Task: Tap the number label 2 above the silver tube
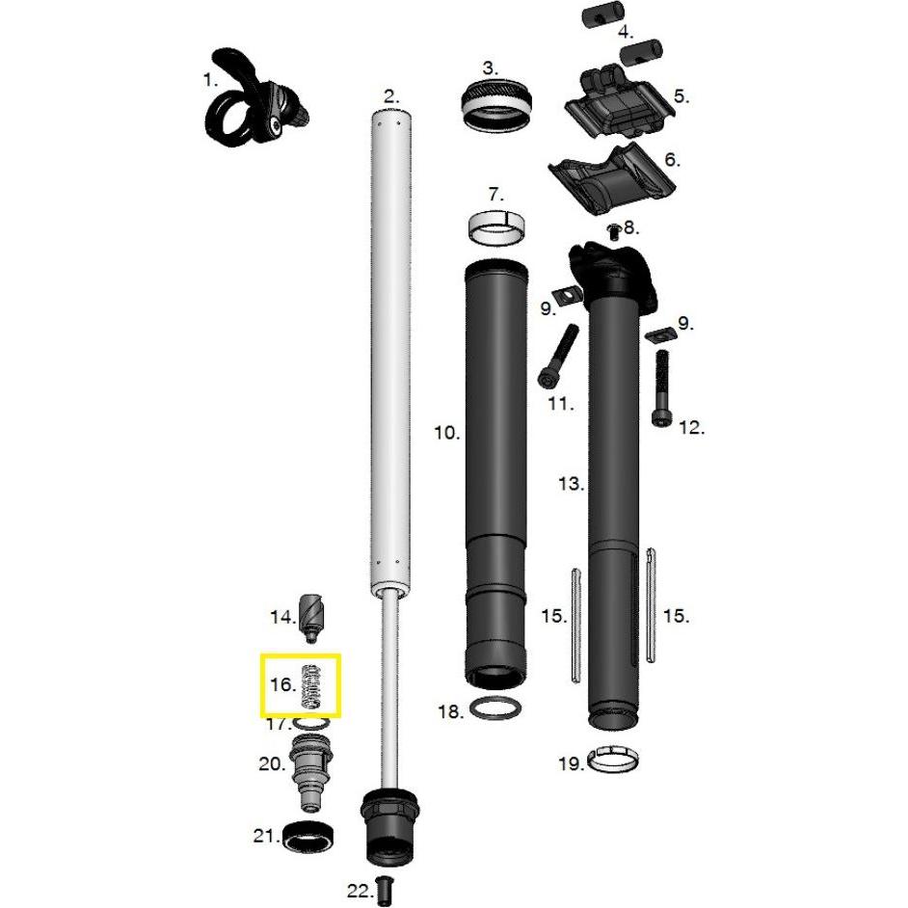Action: point(389,95)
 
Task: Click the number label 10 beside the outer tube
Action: point(446,433)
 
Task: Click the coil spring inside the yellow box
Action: point(310,687)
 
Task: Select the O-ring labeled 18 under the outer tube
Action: point(496,709)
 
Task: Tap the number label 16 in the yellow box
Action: point(281,685)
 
